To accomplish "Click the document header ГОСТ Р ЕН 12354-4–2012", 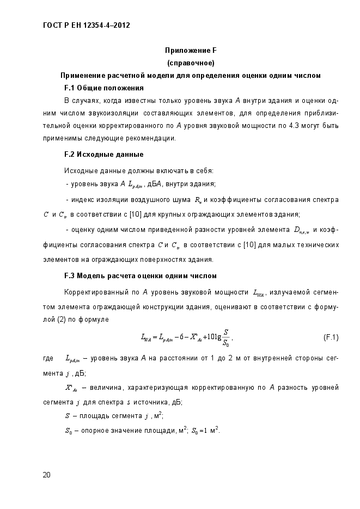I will pyautogui.click(x=86, y=25).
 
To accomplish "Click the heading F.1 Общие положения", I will pyautogui.click(x=103, y=88).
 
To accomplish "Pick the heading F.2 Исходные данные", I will pyautogui.click(x=103, y=154).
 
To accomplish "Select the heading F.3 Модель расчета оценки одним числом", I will pyautogui.click(x=141, y=275).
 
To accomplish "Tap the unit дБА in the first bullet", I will pyautogui.click(x=154, y=183).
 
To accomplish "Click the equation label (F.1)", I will pyautogui.click(x=331, y=337).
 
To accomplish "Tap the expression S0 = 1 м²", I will pyautogui.click(x=203, y=432).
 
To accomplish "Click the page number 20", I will pyautogui.click(x=46, y=475).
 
